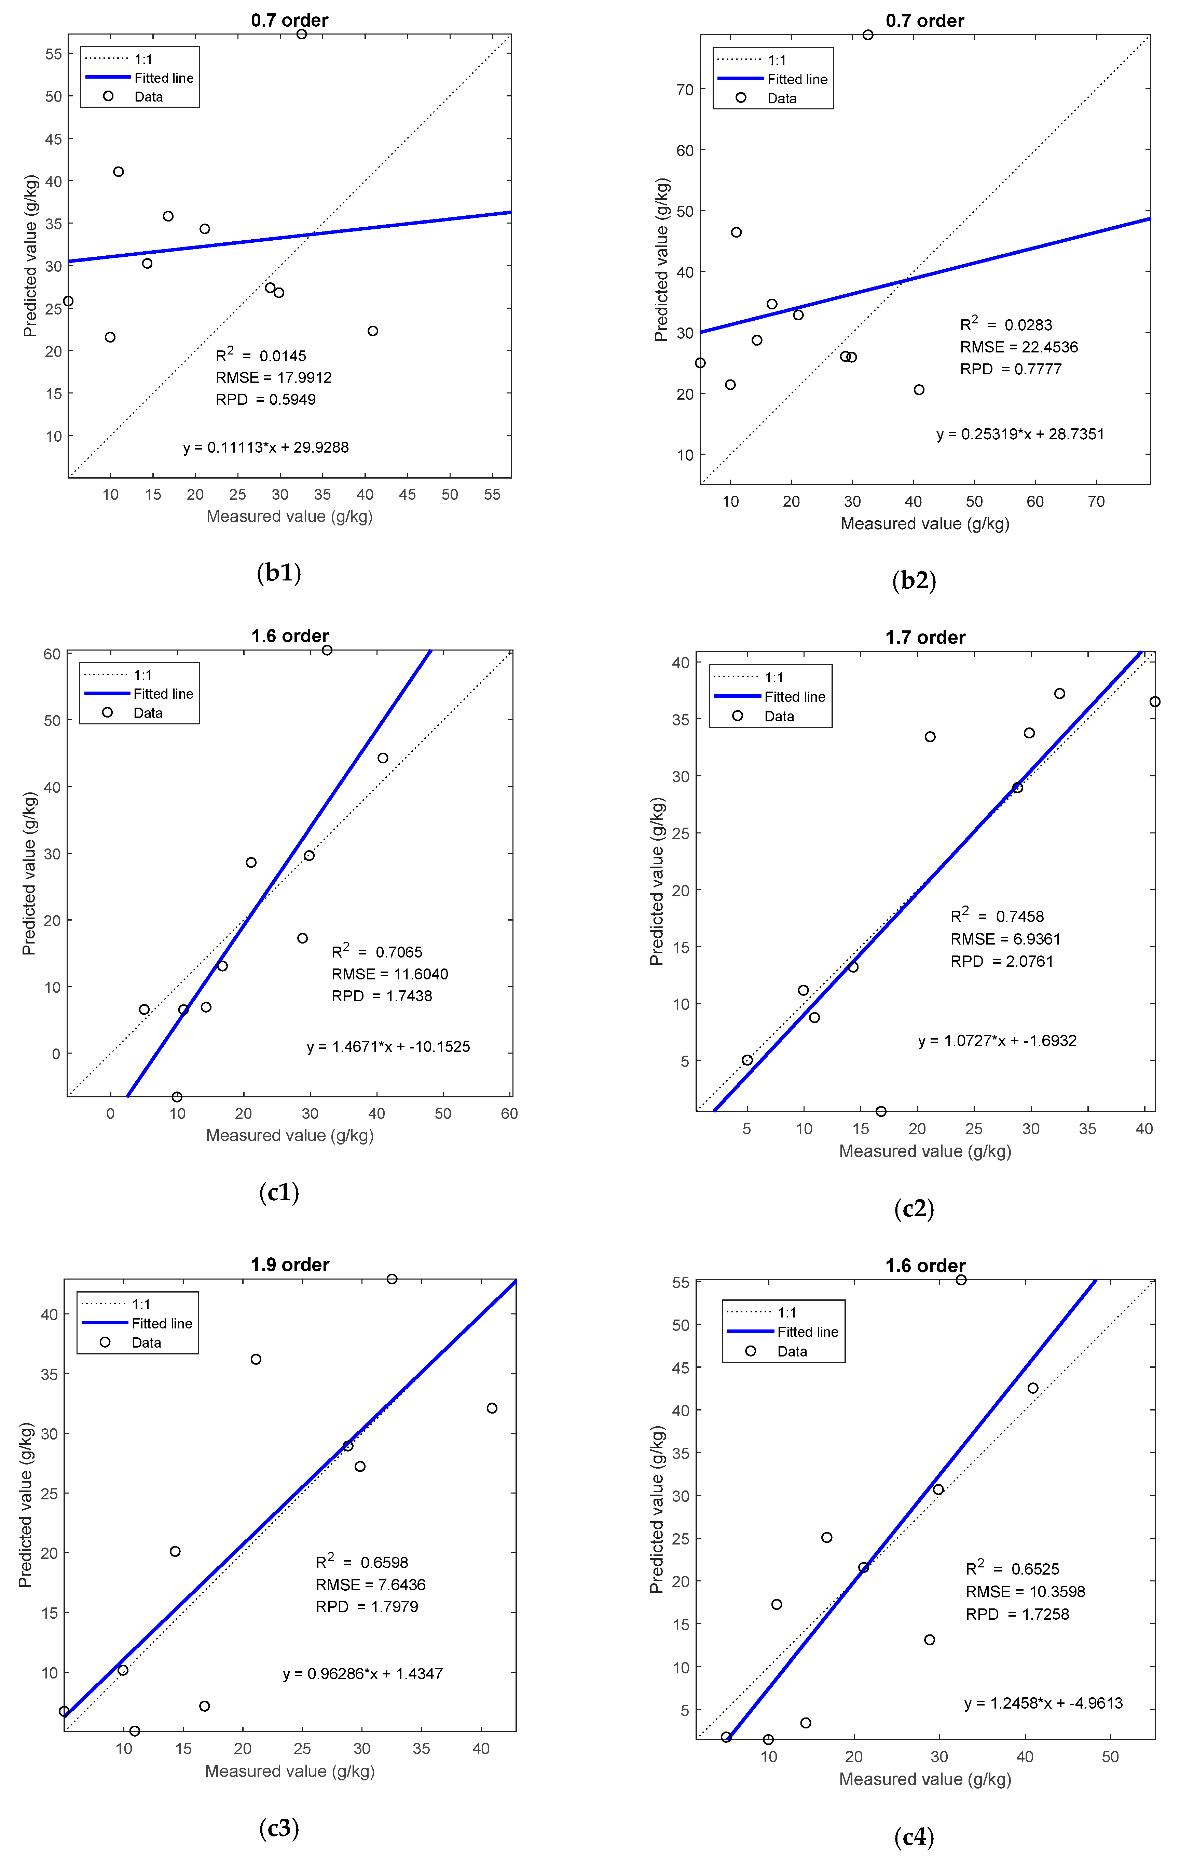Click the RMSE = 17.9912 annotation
pyautogui.click(x=273, y=377)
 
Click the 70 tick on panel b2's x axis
pyautogui.click(x=1096, y=502)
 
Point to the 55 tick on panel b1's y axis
pyautogui.click(x=53, y=54)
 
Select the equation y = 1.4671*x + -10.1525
pyautogui.click(x=388, y=1047)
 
